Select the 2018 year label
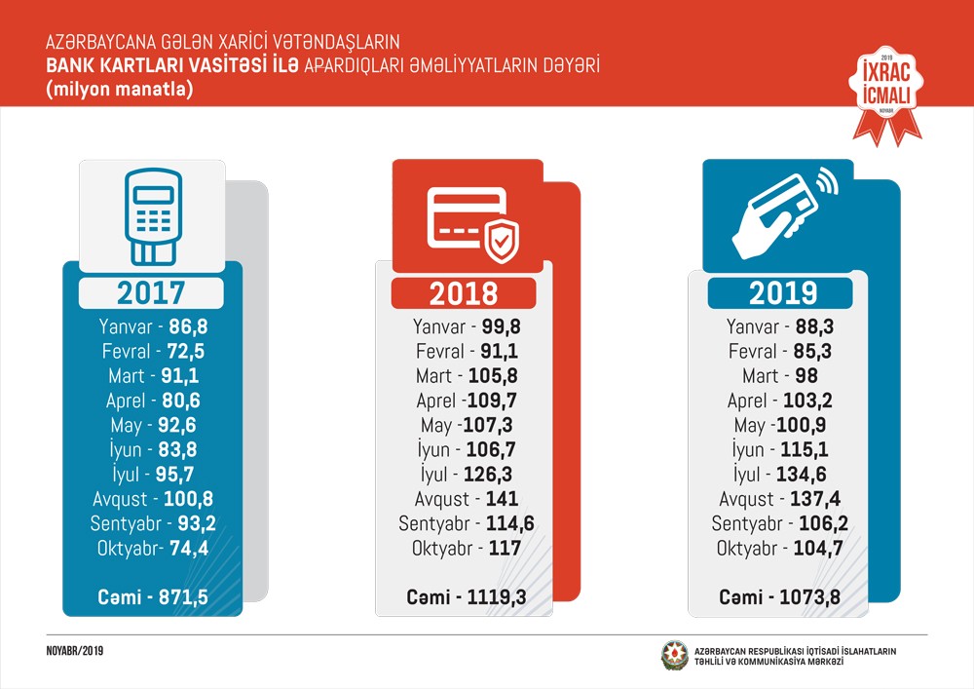coord(464,292)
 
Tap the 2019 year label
coord(780,292)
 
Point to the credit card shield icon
coord(472,223)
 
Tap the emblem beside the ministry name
coord(674,655)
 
